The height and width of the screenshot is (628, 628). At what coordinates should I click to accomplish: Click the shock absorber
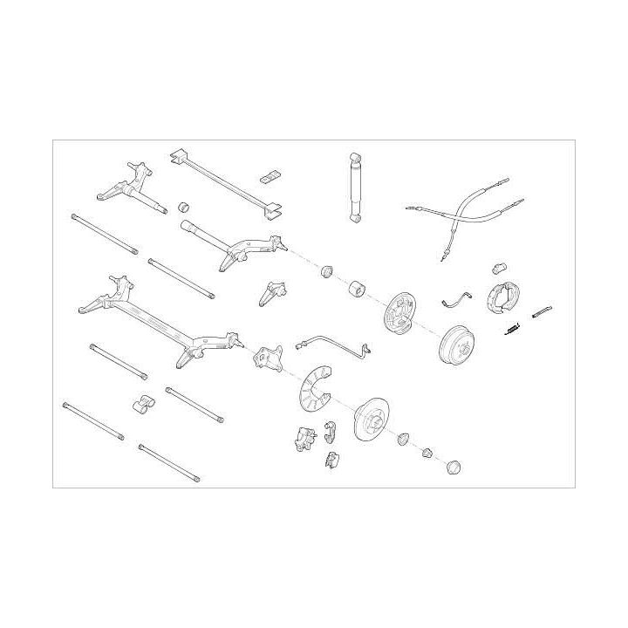point(356,188)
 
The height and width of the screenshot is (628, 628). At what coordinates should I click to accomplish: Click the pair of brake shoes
point(501,297)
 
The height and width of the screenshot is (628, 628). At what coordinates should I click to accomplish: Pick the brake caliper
point(303,438)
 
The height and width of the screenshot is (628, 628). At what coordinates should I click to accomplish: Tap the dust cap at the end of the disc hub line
point(454,467)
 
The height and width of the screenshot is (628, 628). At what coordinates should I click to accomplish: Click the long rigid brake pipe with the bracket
point(336,345)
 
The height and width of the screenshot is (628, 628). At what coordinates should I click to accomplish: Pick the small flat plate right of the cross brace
point(270,175)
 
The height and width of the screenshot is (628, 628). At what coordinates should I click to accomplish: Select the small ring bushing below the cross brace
point(184,208)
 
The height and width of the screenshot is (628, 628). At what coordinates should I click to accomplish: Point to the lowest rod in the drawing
point(168,463)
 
